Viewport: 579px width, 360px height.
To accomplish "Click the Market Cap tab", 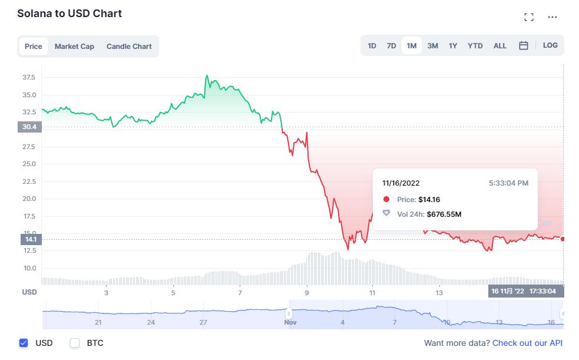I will (x=74, y=47).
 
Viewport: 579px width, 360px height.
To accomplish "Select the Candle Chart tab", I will (x=129, y=47).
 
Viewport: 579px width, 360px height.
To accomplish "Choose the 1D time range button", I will (x=372, y=46).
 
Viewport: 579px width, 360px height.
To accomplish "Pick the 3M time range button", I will (x=432, y=46).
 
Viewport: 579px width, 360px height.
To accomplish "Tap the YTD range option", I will (x=475, y=46).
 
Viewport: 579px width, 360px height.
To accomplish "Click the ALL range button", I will (x=500, y=46).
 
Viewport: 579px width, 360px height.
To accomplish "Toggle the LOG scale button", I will (x=550, y=45).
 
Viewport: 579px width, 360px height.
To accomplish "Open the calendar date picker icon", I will (x=523, y=46).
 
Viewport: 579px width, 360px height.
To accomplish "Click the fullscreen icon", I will (x=529, y=18).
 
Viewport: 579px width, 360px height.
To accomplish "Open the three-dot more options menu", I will (x=552, y=18).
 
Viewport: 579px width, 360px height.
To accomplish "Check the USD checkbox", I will (x=24, y=343).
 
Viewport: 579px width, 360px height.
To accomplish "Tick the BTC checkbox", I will (x=75, y=343).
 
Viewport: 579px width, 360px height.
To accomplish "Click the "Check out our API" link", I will (x=527, y=343).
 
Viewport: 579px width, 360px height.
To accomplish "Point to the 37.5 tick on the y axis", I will (x=29, y=78).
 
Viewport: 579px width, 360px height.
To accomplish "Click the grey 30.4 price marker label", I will (x=29, y=127).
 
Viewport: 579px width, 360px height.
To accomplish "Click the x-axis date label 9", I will (x=307, y=293).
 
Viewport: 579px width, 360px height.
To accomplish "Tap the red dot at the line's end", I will (x=563, y=239).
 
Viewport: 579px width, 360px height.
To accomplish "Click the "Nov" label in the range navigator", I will (x=290, y=322).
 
